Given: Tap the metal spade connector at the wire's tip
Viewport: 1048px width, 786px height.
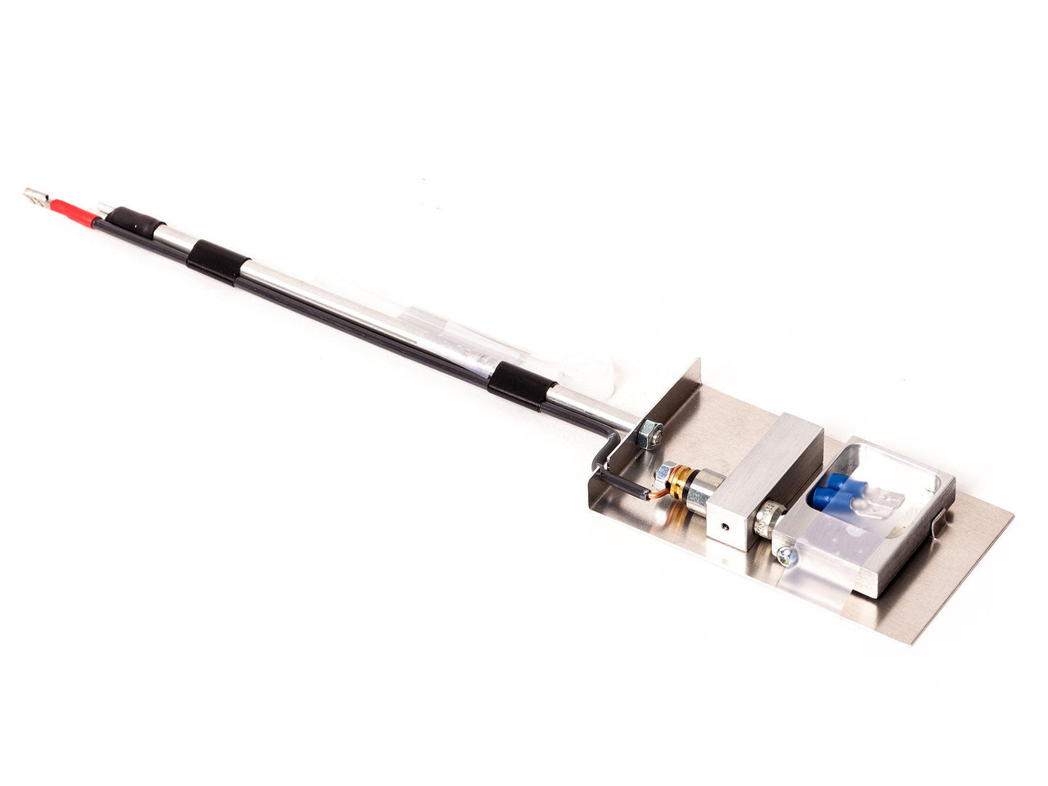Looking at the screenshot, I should coord(36,196).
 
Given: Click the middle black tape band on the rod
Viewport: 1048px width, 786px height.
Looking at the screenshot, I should coord(217,261).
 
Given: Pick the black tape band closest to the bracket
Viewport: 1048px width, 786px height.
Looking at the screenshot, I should coord(521,386).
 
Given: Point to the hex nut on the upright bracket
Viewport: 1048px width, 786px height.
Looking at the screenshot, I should coord(650,434).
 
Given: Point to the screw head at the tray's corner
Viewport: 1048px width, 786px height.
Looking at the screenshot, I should coord(785,556).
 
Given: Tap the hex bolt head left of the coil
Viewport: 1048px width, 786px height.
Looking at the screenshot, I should coord(661,476).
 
